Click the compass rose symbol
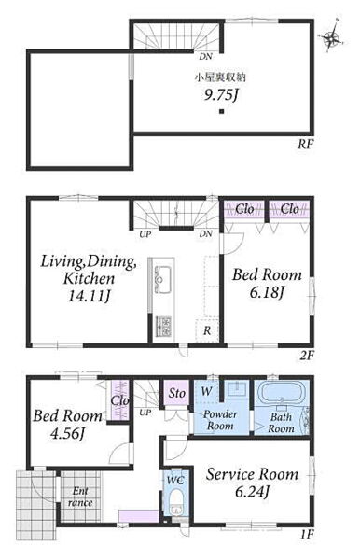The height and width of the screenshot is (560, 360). [x=332, y=35]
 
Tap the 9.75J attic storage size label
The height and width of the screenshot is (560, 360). [x=221, y=95]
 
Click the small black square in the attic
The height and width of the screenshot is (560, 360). [x=222, y=111]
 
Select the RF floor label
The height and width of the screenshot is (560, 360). [x=306, y=145]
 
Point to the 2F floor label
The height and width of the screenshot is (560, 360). [x=307, y=356]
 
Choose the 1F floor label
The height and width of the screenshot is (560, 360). [x=307, y=535]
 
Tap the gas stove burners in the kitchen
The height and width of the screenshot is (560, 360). [x=163, y=326]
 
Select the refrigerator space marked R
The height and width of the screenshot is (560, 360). [x=207, y=330]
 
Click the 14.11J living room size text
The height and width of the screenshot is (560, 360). [x=89, y=296]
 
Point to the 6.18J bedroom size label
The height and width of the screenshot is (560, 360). [x=267, y=292]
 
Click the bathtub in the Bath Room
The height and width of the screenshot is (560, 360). [x=282, y=393]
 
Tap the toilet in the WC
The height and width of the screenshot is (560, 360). [x=174, y=500]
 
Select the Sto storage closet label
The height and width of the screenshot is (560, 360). [x=176, y=393]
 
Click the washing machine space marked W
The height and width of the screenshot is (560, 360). [x=206, y=391]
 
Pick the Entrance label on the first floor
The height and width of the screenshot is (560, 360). [x=80, y=497]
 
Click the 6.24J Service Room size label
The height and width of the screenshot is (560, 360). [x=252, y=492]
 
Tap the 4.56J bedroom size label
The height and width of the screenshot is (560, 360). [x=67, y=433]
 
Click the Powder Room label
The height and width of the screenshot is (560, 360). [x=220, y=420]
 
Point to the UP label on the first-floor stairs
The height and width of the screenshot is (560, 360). [x=145, y=413]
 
